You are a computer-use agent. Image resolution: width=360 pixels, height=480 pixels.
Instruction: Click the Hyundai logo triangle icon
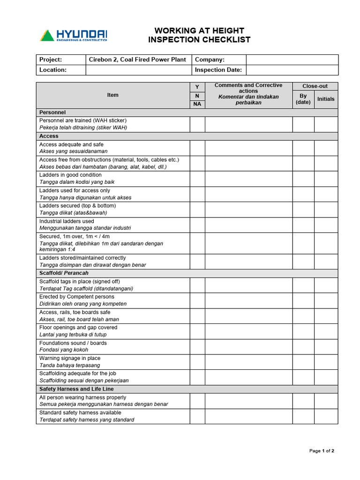(47, 36)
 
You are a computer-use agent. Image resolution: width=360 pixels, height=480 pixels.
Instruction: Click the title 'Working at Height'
(199, 31)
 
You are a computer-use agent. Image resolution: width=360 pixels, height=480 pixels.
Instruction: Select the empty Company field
(292, 60)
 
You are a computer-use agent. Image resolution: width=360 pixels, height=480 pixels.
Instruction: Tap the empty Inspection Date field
(292, 70)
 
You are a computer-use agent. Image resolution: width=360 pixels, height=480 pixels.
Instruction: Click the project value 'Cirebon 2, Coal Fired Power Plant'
(138, 60)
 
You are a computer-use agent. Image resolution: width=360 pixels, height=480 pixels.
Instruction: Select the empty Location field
(138, 70)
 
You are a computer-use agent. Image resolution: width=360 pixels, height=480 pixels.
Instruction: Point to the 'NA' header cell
(197, 104)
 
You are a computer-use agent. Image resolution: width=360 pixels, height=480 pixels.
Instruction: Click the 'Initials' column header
(326, 99)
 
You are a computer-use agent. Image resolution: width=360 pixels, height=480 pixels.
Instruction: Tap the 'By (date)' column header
(303, 99)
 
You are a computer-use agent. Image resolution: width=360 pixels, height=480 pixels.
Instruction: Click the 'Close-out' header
(315, 86)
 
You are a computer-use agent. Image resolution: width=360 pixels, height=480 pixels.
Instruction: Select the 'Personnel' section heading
(52, 112)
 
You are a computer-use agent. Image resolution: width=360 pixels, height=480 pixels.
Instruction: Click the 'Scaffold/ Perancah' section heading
(64, 273)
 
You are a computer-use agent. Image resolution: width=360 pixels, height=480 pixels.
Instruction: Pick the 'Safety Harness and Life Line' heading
(76, 389)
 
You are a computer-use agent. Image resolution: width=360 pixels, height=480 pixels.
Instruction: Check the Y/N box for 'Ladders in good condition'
(197, 179)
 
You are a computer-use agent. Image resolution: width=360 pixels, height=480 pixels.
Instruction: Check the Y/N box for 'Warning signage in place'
(197, 362)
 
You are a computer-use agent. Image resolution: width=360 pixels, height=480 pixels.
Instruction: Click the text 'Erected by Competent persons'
(77, 297)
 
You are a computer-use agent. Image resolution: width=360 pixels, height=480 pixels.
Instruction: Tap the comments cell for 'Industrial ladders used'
(248, 225)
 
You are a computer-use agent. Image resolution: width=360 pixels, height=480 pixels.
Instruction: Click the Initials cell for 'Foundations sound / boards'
(326, 346)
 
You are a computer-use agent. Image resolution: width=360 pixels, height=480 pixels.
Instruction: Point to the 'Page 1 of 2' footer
(322, 451)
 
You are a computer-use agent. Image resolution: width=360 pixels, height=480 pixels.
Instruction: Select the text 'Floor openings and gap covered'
(78, 327)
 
